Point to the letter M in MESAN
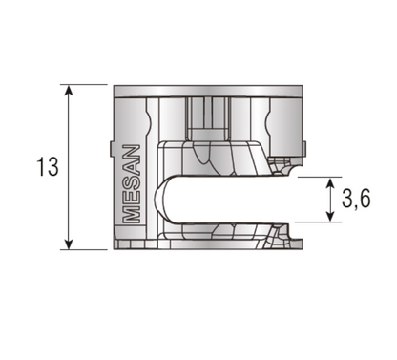point(133,213)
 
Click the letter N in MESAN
point(133,153)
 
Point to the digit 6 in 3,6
point(366,200)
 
